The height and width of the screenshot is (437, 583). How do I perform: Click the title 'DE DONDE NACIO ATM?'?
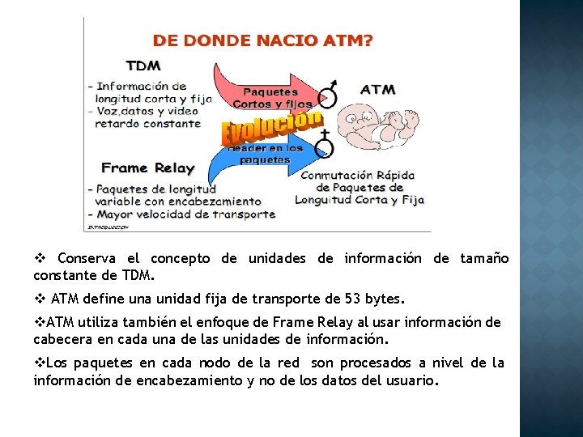263,39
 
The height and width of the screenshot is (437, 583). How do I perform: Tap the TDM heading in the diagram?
143,66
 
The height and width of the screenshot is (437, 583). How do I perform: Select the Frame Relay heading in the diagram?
148,168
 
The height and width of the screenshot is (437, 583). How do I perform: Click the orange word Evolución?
267,128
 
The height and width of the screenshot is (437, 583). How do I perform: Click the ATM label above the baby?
377,89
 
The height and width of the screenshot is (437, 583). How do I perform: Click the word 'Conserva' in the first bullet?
87,259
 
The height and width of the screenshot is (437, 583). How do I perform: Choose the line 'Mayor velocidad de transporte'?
186,214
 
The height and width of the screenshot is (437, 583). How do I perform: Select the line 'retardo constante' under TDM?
147,124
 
